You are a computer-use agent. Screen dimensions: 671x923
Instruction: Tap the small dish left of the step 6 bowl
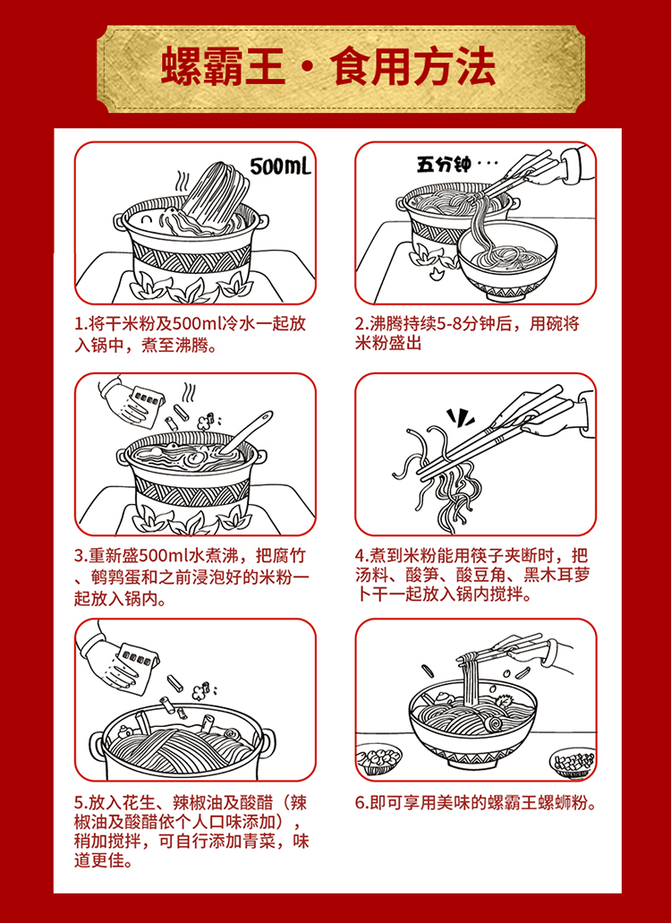tap(378, 759)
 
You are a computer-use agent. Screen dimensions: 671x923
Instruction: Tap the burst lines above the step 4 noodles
tap(461, 416)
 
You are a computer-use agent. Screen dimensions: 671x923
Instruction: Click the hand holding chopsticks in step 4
tap(558, 415)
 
